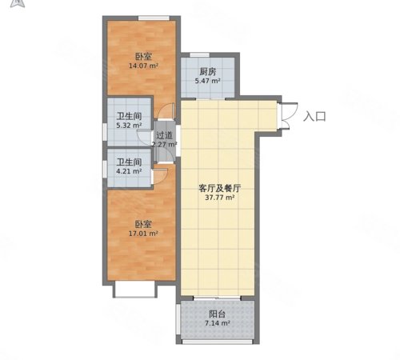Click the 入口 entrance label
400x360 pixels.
tap(315, 116)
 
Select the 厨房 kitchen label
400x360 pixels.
tap(207, 71)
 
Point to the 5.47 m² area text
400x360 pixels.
tap(207, 82)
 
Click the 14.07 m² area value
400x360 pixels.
tap(144, 66)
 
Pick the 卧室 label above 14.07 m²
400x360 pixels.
tap(144, 56)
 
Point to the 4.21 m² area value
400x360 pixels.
tap(128, 170)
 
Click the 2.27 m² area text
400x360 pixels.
tap(166, 145)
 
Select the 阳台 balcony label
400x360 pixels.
tap(217, 314)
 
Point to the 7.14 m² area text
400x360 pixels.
tap(217, 325)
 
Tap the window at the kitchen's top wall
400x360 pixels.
tap(207, 55)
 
